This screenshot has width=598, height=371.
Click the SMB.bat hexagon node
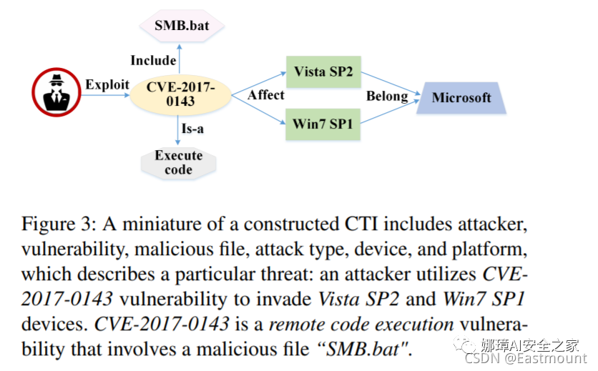(x=181, y=27)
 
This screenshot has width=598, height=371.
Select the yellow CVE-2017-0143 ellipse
(x=180, y=94)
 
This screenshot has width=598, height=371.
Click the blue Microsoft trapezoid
(x=461, y=97)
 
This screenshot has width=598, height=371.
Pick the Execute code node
(x=178, y=162)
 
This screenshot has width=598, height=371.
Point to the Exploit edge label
(x=107, y=84)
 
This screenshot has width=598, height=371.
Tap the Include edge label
(x=153, y=59)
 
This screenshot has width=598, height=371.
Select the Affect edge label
(x=265, y=94)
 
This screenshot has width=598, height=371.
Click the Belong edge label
(x=387, y=95)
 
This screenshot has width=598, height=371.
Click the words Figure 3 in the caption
(x=54, y=224)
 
